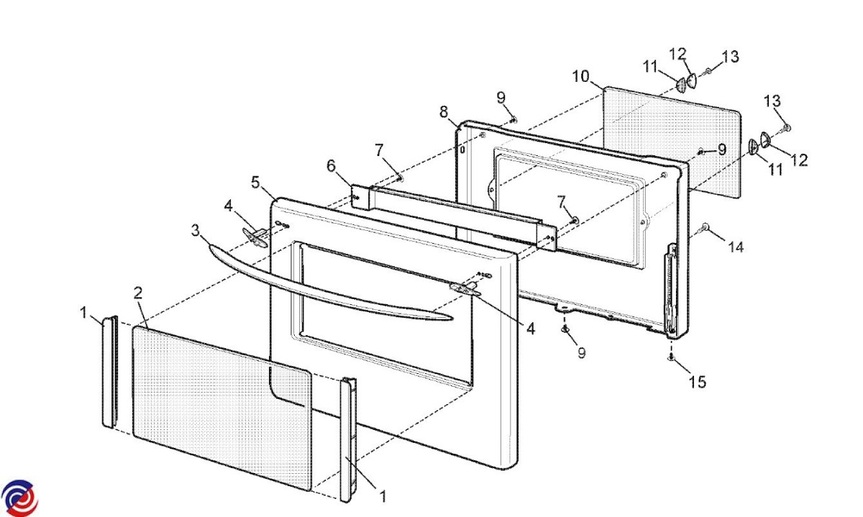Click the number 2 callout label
[x=138, y=293]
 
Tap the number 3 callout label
[x=196, y=231]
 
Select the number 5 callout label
[x=255, y=182]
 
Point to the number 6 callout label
[x=331, y=166]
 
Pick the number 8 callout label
[x=444, y=112]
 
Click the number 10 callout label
[x=580, y=76]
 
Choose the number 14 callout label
[x=736, y=247]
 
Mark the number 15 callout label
[x=698, y=382]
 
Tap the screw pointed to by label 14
[x=704, y=228]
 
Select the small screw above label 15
[x=672, y=357]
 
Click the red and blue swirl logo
[x=19, y=498]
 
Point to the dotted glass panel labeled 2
[x=222, y=408]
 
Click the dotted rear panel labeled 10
[x=671, y=142]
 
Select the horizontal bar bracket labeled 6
[x=454, y=219]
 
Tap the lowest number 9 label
[x=581, y=353]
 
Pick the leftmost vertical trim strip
[x=110, y=372]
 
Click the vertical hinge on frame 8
[x=671, y=288]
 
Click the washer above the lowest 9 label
[x=565, y=329]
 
